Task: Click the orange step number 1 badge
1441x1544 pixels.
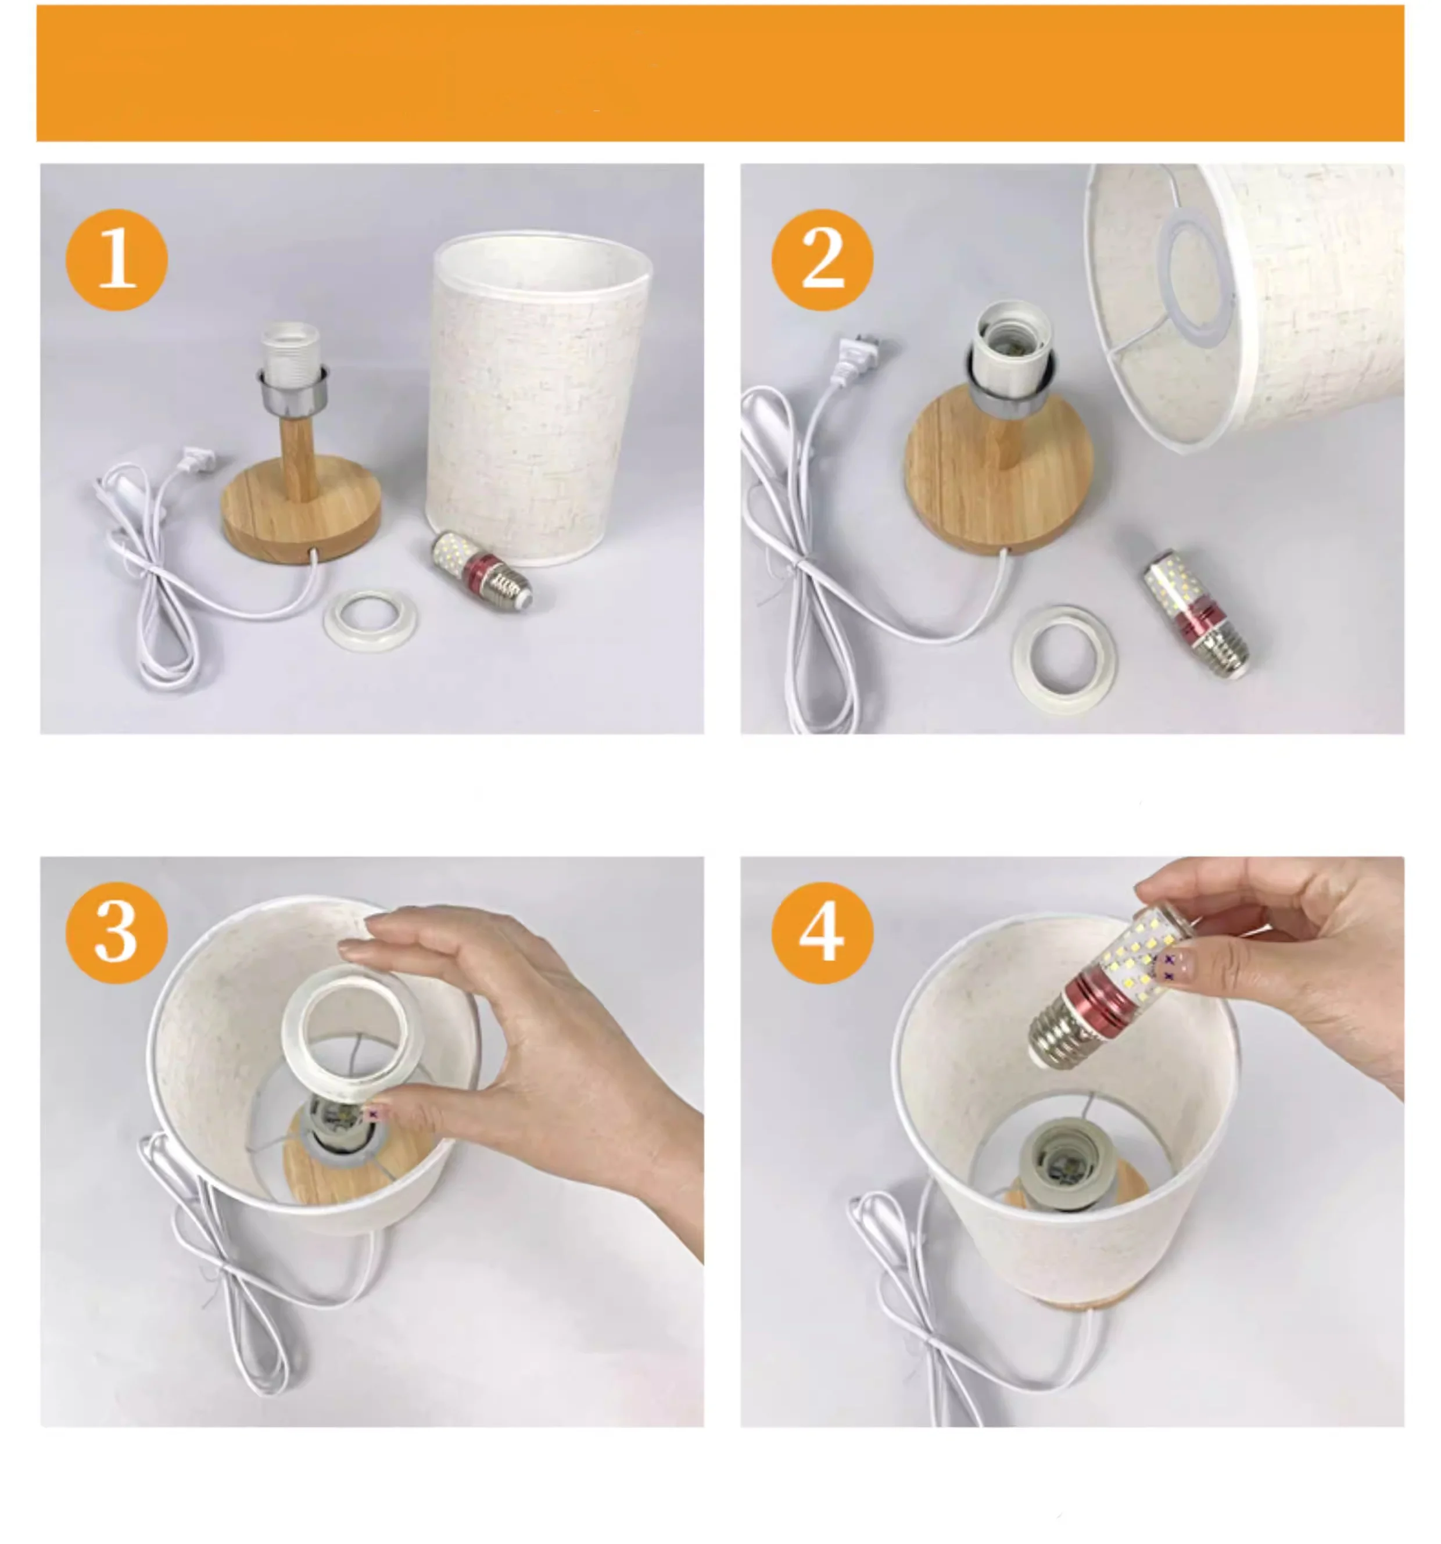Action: tap(116, 259)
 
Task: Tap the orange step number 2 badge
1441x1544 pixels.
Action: tap(822, 259)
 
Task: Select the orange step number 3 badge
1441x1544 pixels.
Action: tap(116, 933)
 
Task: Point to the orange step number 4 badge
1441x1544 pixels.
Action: tap(822, 933)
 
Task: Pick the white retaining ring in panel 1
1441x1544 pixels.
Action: tap(370, 618)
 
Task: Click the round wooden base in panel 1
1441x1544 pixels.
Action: tap(301, 513)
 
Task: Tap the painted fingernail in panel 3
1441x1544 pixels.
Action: tap(374, 1115)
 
